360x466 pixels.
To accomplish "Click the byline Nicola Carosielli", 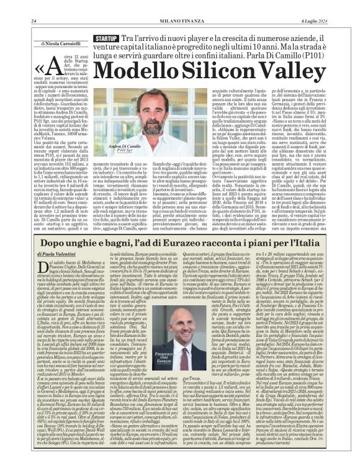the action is point(61,45).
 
